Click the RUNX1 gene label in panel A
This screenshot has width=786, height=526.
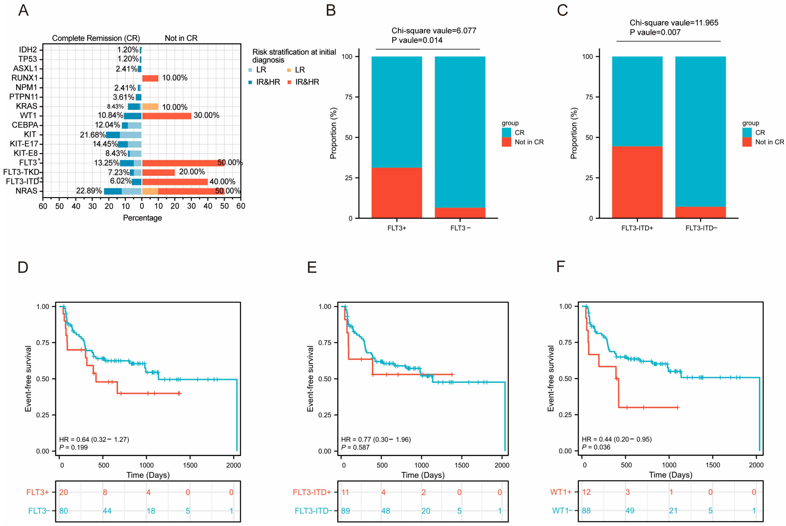coord(24,78)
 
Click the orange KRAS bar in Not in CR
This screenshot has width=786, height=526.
coord(150,107)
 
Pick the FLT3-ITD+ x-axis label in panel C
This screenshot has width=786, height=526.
coord(637,228)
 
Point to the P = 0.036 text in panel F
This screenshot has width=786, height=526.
coord(596,447)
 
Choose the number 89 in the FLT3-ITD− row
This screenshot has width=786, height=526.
coord(345,511)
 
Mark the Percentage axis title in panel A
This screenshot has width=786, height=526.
coord(142,218)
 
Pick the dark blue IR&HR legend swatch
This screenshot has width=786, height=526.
coord(250,82)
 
